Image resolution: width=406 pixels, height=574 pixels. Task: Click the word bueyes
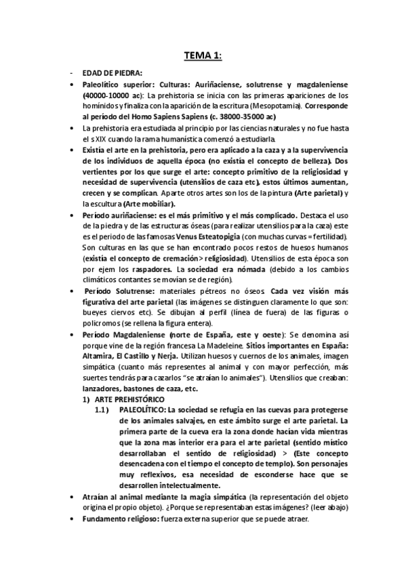pyautogui.click(x=94, y=313)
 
